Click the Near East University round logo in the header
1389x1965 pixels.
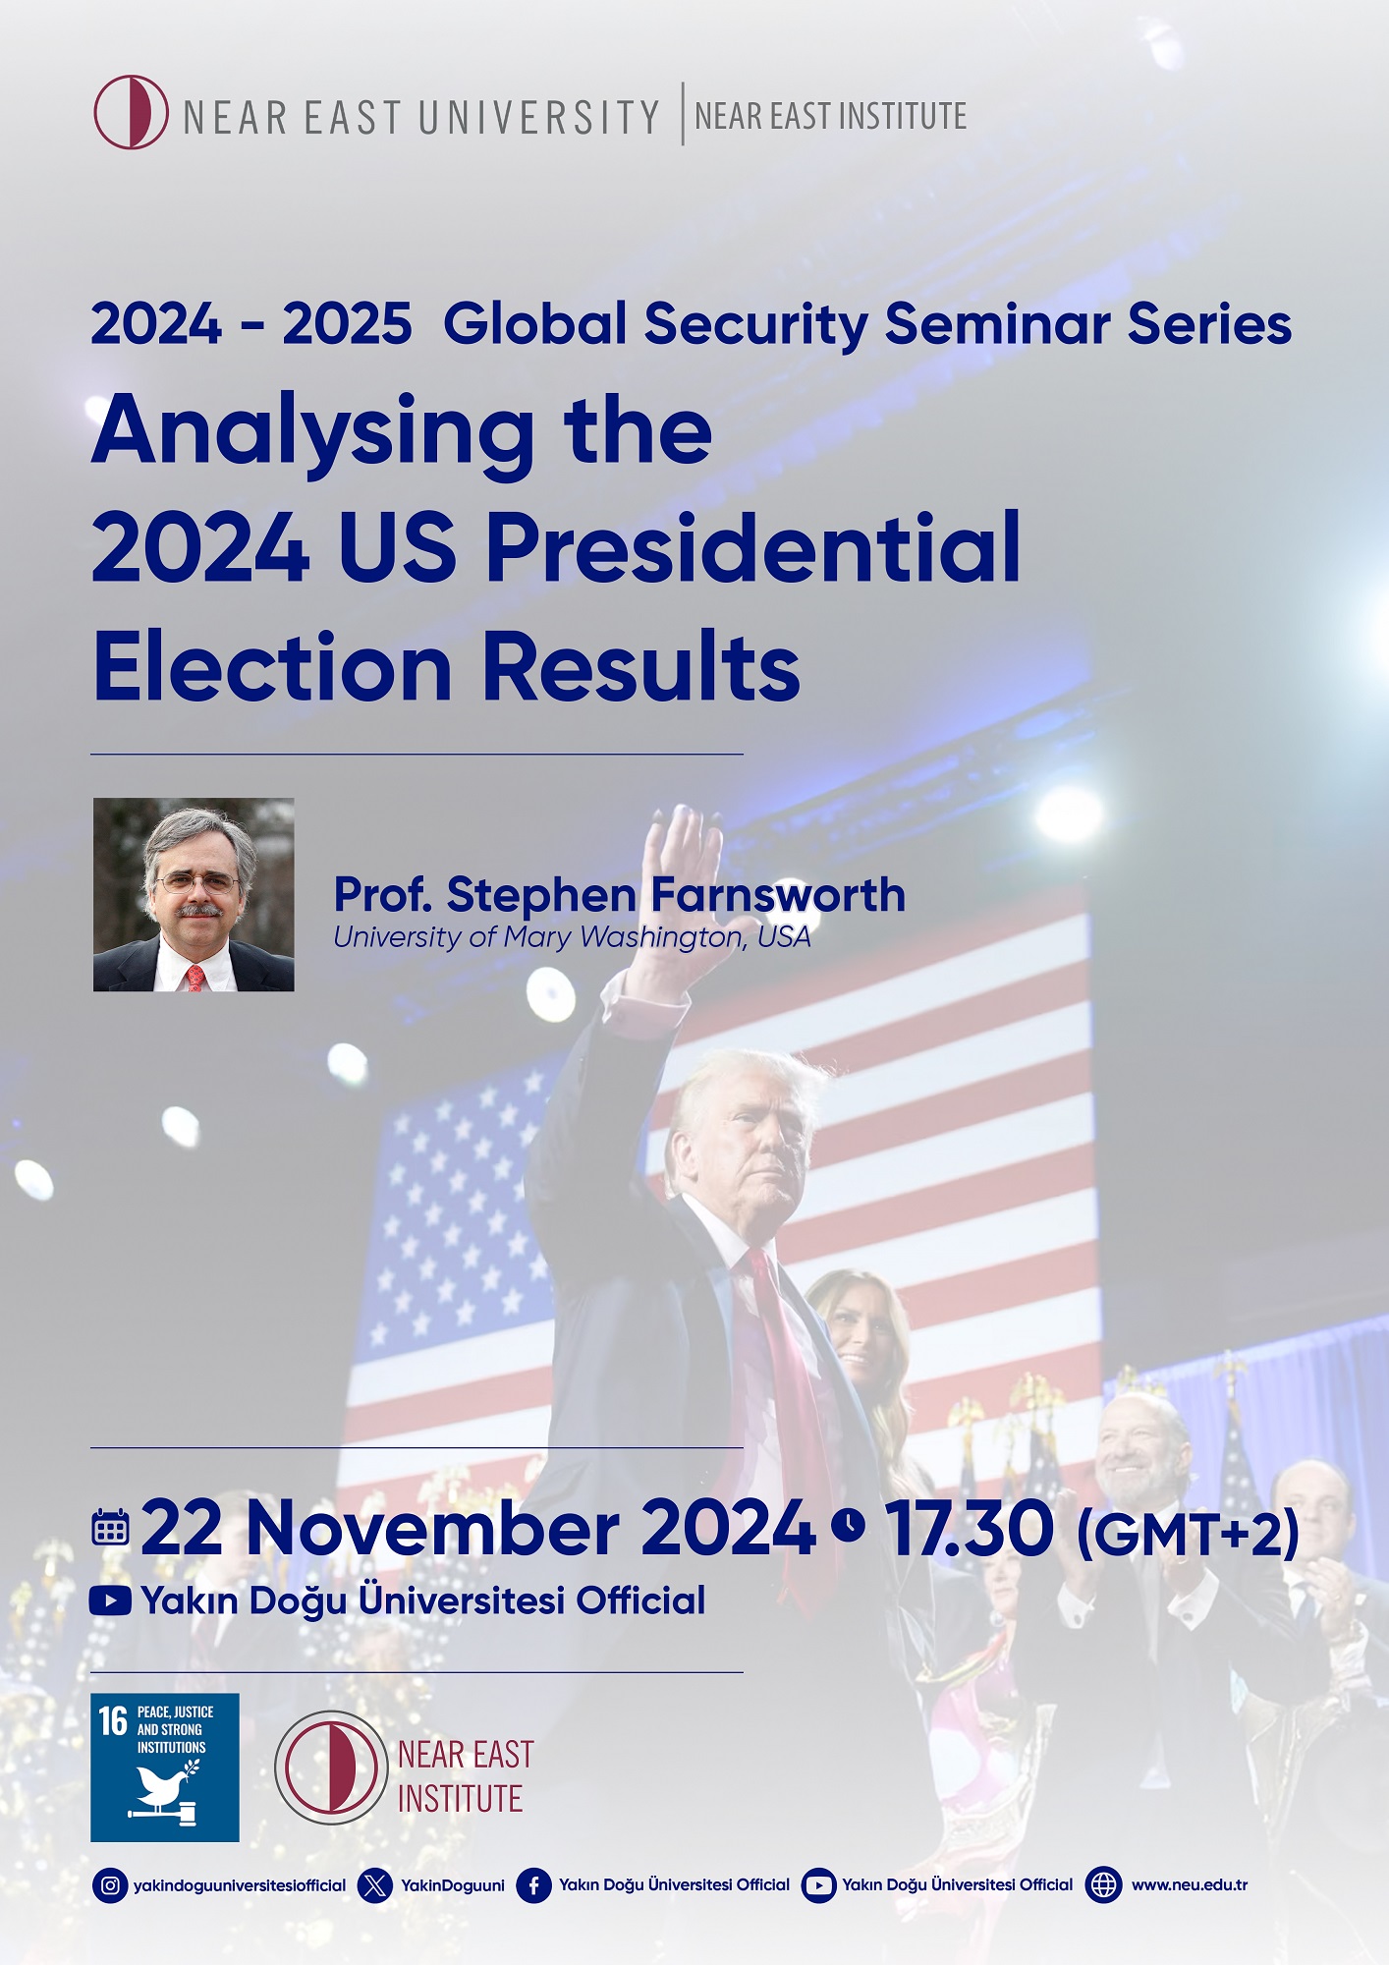(131, 112)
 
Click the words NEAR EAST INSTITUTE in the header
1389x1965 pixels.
(830, 116)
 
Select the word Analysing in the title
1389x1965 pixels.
(313, 431)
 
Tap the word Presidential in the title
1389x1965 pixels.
(752, 547)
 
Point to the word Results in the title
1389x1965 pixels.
(641, 667)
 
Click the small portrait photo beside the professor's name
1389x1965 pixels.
(194, 894)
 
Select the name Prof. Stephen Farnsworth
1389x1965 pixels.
(619, 895)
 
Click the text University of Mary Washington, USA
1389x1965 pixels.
(572, 937)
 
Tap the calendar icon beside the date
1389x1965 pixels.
(110, 1529)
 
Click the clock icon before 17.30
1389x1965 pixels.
(849, 1525)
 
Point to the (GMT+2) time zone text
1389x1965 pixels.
(1188, 1534)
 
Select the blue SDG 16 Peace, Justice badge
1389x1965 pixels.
(164, 1768)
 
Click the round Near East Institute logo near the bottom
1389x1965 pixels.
(331, 1768)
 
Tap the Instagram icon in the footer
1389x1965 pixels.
(111, 1885)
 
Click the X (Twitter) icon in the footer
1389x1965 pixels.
(375, 1885)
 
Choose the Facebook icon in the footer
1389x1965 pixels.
(533, 1885)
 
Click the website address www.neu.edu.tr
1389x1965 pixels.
(1189, 1885)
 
